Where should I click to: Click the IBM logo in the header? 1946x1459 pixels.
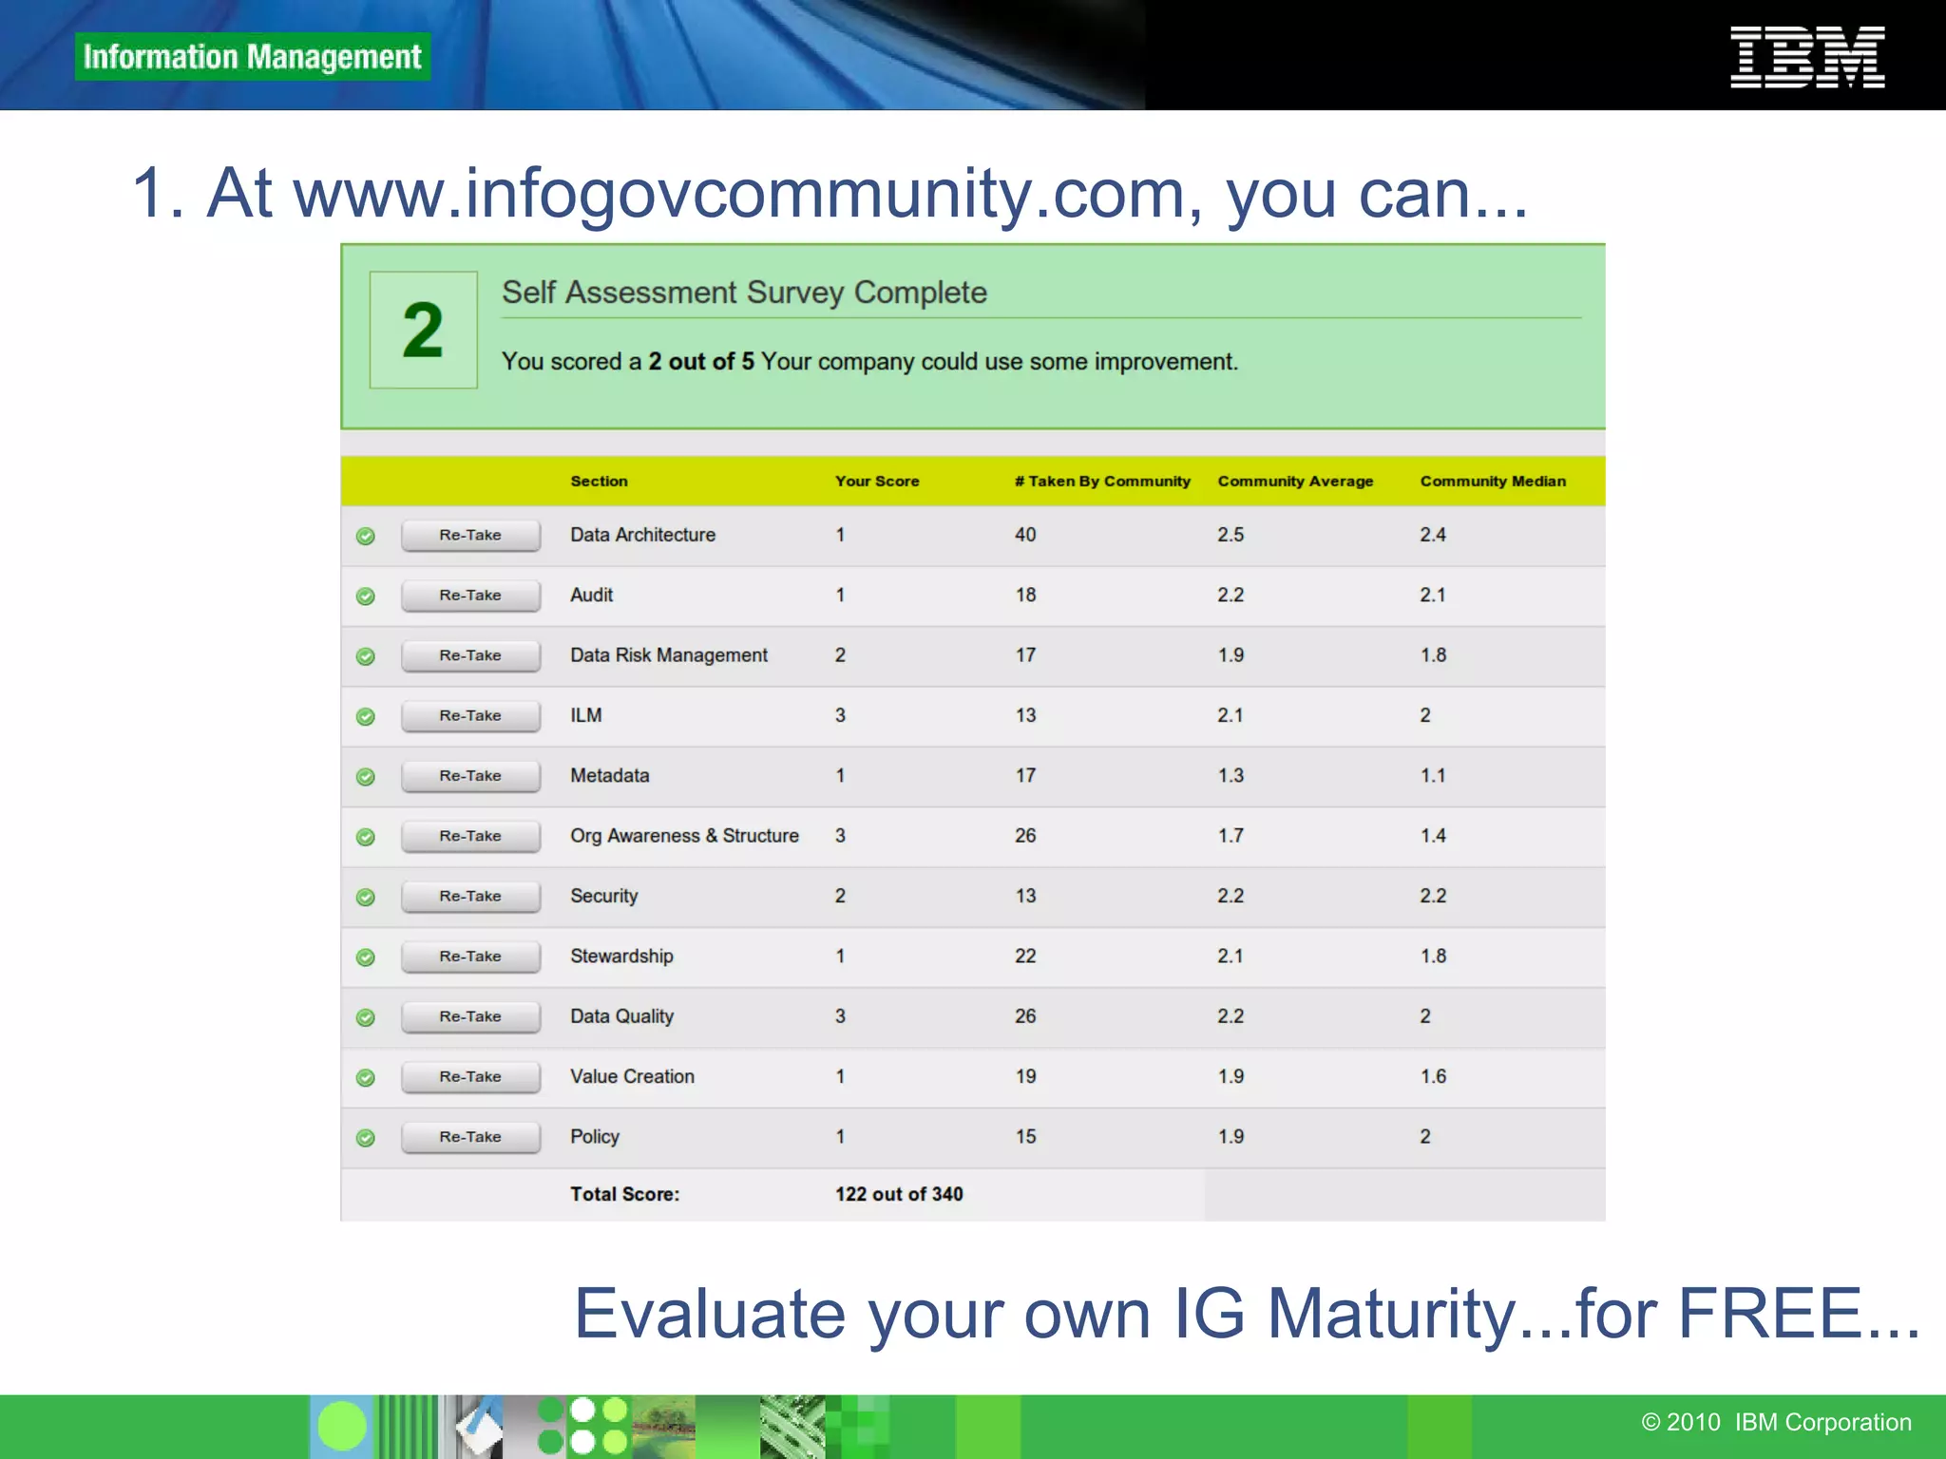click(1806, 57)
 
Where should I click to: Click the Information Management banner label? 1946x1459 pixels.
click(252, 57)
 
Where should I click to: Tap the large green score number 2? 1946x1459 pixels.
click(423, 330)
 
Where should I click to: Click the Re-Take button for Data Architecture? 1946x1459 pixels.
click(470, 535)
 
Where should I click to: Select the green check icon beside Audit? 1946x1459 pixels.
click(365, 596)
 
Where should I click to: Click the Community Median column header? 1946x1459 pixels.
click(1492, 482)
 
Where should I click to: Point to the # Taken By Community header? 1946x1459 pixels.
click(1101, 482)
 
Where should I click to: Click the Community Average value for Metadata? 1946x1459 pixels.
click(1231, 776)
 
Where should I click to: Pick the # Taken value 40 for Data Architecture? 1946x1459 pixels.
click(1025, 535)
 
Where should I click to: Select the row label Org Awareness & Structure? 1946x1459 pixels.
click(684, 836)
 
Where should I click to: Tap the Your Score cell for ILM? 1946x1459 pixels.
click(840, 715)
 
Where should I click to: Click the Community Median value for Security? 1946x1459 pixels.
click(1433, 896)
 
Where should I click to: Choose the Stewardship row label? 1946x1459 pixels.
click(621, 957)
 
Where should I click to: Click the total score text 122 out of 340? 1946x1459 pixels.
click(899, 1194)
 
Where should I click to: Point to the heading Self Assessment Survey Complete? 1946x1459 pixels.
click(744, 293)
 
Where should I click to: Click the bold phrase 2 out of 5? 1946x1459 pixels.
click(701, 362)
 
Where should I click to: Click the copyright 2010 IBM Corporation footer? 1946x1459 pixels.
click(1776, 1422)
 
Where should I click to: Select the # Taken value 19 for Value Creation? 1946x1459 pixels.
click(1025, 1076)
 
